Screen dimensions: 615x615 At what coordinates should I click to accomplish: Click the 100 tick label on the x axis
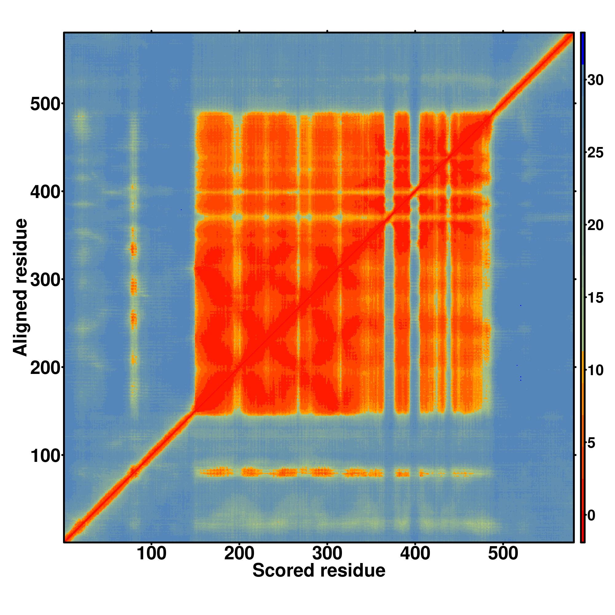151,554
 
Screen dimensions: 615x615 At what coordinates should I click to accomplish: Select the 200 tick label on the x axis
239,554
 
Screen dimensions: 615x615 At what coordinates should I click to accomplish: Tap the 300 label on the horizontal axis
327,554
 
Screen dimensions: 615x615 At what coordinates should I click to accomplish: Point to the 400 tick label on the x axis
415,554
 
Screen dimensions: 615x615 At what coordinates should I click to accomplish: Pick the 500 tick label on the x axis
503,554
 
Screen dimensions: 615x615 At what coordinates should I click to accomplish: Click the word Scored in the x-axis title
283,570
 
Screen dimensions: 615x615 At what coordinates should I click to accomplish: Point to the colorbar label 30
595,80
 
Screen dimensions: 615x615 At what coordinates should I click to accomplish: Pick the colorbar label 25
595,153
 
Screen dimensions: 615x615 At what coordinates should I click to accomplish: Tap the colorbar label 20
595,225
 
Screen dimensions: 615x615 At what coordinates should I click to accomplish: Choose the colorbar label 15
595,298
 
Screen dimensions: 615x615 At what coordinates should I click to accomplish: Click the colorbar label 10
595,371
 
